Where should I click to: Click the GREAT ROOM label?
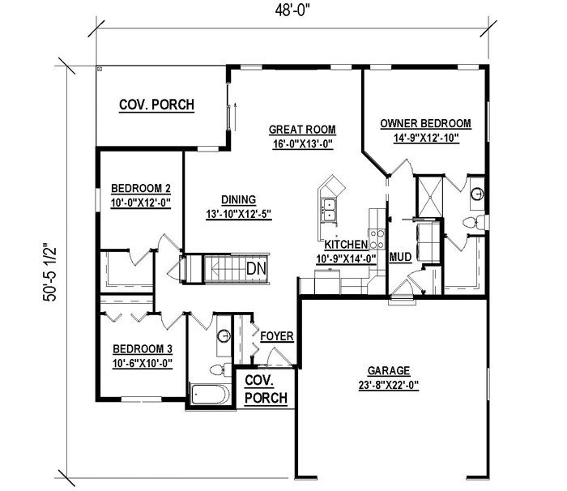click(x=302, y=130)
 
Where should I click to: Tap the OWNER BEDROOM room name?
click(x=425, y=123)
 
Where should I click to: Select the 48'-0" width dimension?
click(x=292, y=11)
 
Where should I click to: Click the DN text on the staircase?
click(x=257, y=268)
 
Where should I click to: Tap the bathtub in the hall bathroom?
click(x=210, y=394)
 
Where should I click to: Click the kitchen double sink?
click(x=329, y=210)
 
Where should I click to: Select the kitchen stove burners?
click(x=376, y=239)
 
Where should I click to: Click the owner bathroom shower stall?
click(x=430, y=195)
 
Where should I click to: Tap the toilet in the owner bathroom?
click(x=474, y=222)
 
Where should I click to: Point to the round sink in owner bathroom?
click(x=477, y=194)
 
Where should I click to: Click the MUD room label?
click(x=400, y=258)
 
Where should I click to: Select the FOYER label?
click(x=277, y=336)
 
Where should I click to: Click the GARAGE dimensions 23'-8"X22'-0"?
click(x=389, y=386)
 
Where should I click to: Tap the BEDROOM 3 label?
click(x=143, y=349)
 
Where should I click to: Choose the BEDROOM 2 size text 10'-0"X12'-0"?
click(x=141, y=203)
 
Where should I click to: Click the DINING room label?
click(x=238, y=200)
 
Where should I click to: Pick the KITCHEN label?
click(x=346, y=245)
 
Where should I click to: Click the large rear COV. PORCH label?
click(x=156, y=105)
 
